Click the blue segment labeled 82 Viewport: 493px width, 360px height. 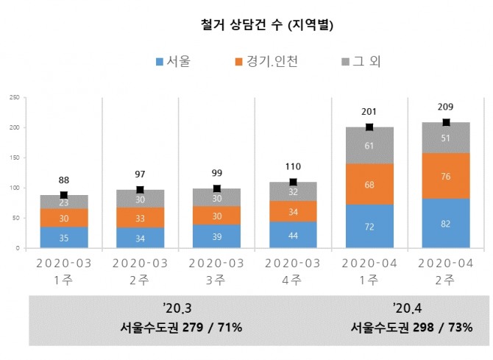(446, 223)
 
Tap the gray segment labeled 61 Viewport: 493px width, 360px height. (369, 145)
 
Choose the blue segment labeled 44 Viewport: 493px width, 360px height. (293, 235)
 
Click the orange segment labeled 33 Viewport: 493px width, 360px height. (141, 217)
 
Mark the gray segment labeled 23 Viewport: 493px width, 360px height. (64, 202)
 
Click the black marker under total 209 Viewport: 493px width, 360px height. (446, 122)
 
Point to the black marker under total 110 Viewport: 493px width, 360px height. (293, 182)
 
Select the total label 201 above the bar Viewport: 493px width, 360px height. (369, 113)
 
